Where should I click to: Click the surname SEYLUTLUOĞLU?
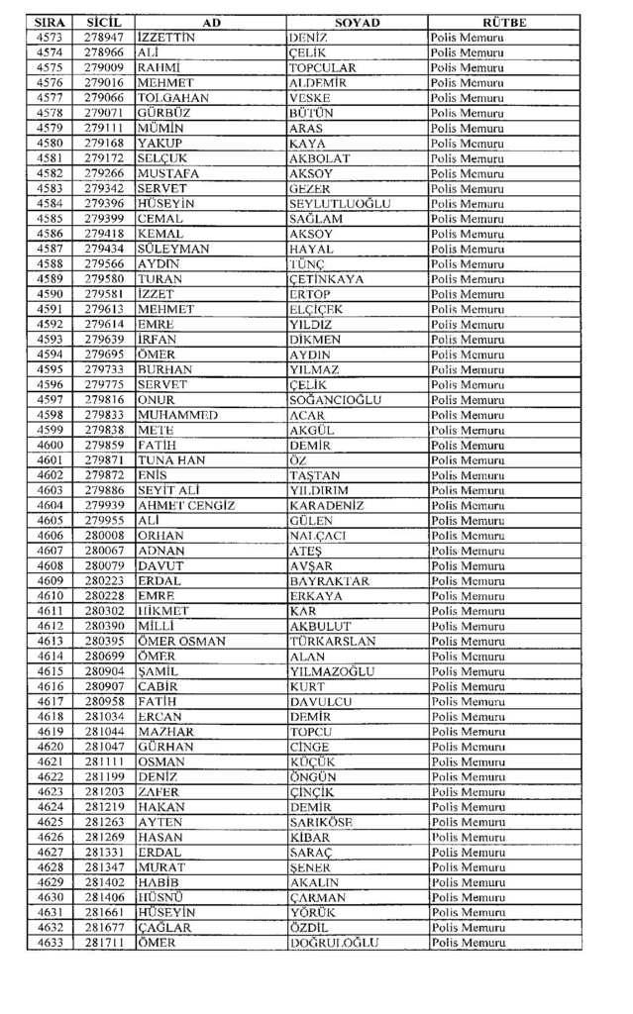click(340, 203)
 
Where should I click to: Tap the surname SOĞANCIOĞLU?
click(339, 400)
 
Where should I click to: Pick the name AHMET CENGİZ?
click(186, 506)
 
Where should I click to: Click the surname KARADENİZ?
click(332, 506)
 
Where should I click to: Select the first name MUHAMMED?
click(178, 415)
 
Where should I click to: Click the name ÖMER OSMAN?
click(181, 642)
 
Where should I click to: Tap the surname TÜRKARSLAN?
click(333, 642)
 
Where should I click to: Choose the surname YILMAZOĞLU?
click(332, 671)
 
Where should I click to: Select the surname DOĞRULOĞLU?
click(334, 944)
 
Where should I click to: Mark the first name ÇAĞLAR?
click(164, 929)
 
